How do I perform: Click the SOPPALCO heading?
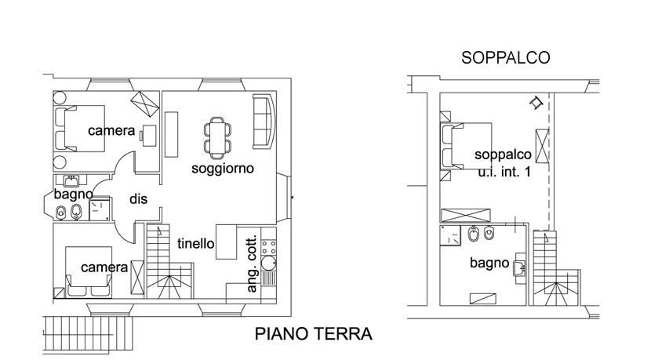(506, 58)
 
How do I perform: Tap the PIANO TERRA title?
(314, 334)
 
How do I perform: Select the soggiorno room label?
(223, 168)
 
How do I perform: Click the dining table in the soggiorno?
(217, 138)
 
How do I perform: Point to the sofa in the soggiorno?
(264, 122)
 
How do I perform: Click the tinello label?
(195, 243)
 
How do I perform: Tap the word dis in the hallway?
(138, 199)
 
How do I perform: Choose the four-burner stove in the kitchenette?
(268, 248)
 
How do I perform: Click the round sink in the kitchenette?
(268, 264)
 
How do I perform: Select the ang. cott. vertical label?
(252, 264)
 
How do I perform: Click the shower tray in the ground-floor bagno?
(100, 210)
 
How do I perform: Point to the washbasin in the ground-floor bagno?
(71, 181)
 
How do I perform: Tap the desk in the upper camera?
(148, 136)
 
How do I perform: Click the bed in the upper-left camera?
(79, 129)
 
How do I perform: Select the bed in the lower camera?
(89, 272)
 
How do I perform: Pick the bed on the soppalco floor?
(467, 146)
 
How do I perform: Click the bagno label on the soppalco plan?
(489, 263)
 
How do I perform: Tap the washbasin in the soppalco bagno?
(520, 268)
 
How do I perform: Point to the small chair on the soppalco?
(536, 102)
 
